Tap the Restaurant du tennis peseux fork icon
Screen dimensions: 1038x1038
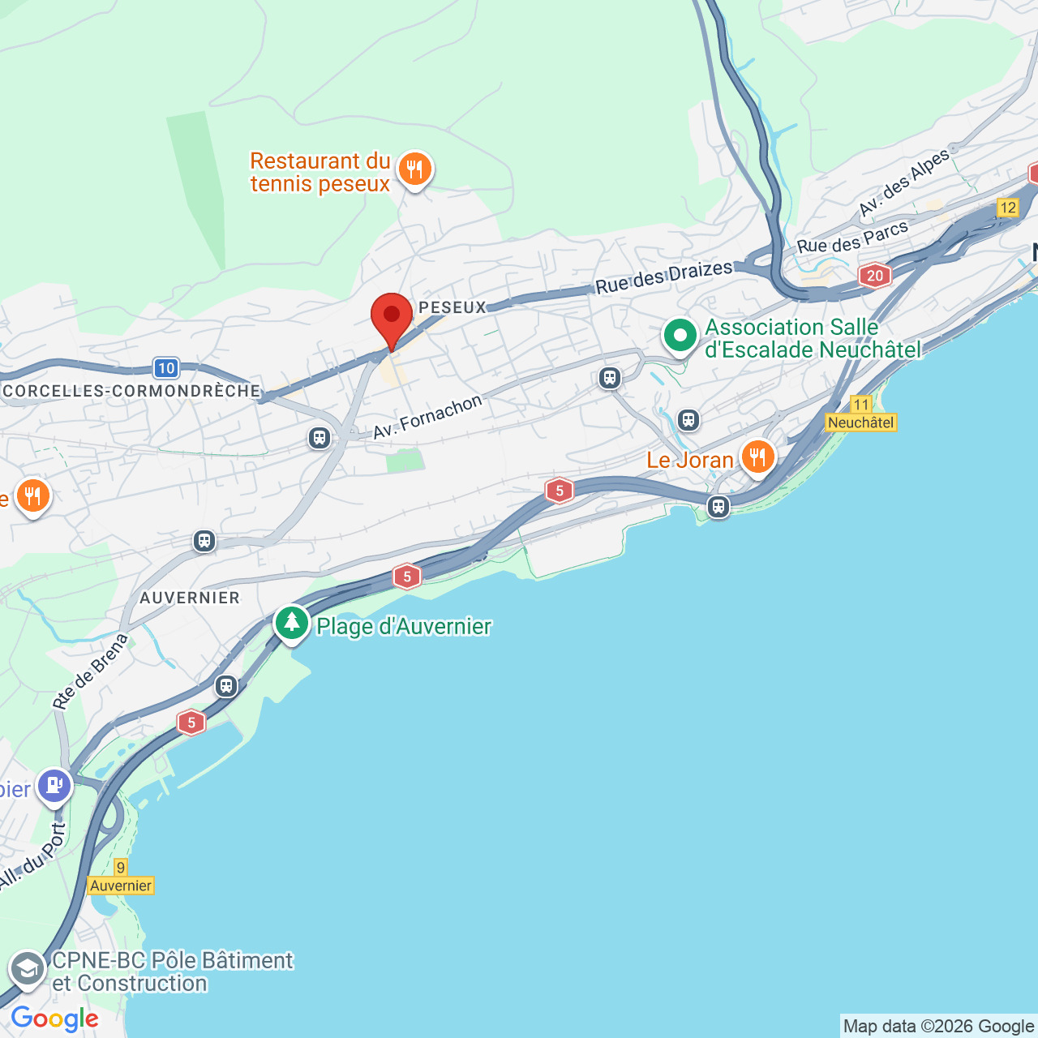pos(415,169)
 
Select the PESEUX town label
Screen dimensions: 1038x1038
pos(453,307)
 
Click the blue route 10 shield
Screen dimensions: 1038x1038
pos(166,368)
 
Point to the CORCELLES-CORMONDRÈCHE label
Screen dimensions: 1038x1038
pos(131,391)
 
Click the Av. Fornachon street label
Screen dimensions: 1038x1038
pos(427,416)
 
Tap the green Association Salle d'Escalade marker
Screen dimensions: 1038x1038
pos(680,335)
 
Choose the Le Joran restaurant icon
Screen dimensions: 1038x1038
pos(757,457)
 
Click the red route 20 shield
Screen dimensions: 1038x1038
pos(874,276)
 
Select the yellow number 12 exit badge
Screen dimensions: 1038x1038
pos(1008,208)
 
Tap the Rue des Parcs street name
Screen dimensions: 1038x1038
pos(852,238)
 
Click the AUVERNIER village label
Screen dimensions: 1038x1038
pos(190,598)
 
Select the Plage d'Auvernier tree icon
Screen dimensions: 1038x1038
pos(292,623)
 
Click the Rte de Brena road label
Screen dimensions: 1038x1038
pos(91,671)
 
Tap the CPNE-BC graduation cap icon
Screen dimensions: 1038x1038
pos(28,969)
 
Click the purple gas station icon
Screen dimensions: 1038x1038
pos(55,785)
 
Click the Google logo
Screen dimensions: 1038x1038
pos(55,1019)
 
